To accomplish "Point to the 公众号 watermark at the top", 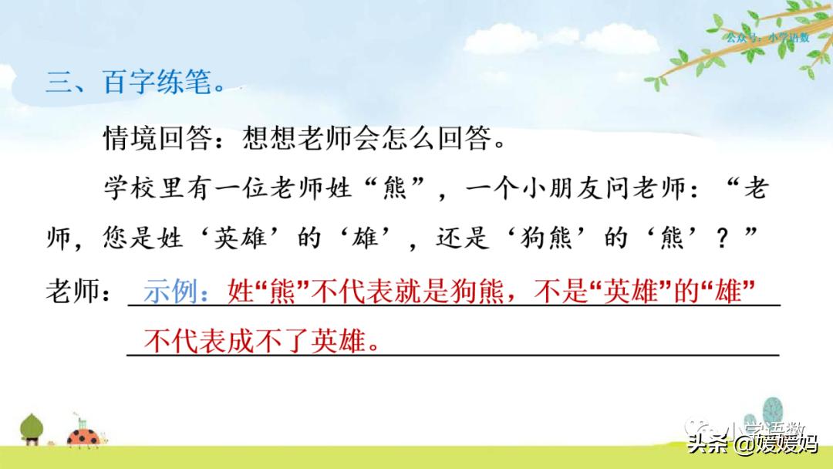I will pos(767,37).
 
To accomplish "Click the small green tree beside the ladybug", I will pos(32,428).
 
